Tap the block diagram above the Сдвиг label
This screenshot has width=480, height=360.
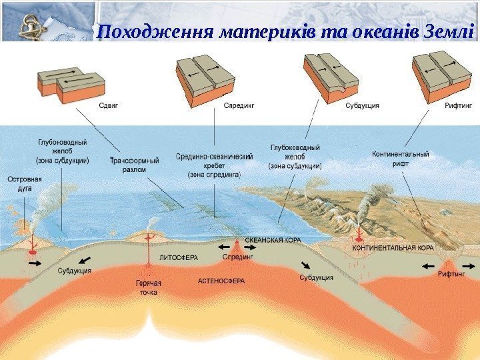click(71, 83)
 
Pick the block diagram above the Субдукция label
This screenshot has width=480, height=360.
click(330, 79)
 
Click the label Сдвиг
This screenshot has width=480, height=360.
click(111, 105)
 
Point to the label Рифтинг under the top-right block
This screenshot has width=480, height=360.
click(458, 105)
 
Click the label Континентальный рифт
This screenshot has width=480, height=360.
click(400, 158)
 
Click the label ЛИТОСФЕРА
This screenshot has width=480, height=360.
click(178, 256)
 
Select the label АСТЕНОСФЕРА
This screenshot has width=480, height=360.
click(221, 281)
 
